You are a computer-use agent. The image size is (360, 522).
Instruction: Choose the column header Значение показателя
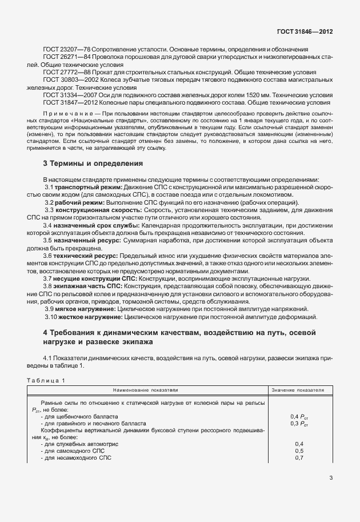pos(298,390)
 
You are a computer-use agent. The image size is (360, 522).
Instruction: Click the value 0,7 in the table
pos(298,459)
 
